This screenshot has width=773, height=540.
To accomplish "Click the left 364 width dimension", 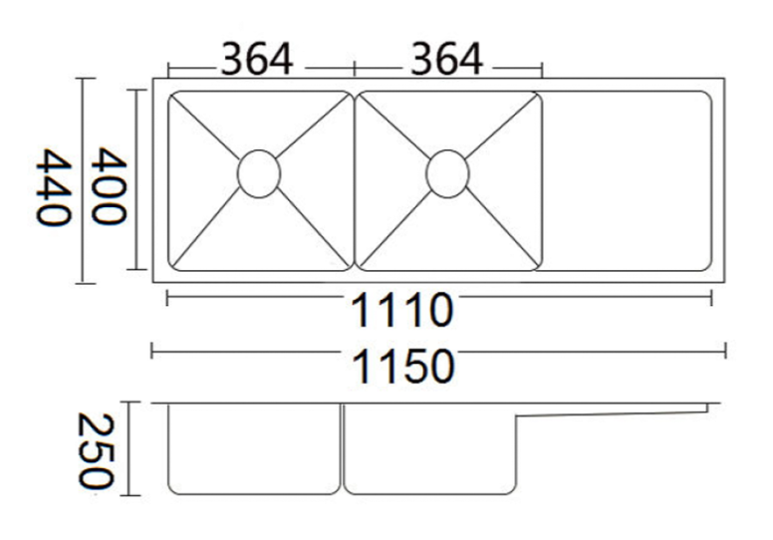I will (256, 60).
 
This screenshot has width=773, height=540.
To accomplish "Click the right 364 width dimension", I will (445, 60).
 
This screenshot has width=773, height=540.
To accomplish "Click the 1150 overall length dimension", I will (401, 367).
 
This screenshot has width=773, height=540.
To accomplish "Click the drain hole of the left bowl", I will (259, 173).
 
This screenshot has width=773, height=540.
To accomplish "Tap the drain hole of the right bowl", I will (447, 173).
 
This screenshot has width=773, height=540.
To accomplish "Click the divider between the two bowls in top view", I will (354, 181).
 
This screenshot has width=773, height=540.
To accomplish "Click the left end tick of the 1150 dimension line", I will (151, 350).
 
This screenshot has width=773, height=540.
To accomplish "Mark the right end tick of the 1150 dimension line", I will (725, 350).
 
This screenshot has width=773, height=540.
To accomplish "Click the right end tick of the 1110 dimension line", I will (711, 297).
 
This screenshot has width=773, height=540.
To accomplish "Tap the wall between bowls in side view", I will (342, 448).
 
